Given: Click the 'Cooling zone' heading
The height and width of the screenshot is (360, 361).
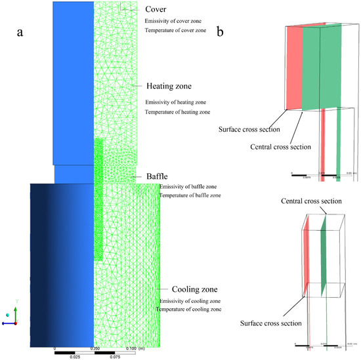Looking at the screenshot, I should [191, 289].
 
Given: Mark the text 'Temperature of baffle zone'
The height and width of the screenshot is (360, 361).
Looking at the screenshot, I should [190, 195].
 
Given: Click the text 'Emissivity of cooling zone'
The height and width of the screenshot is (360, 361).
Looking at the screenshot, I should [192, 300].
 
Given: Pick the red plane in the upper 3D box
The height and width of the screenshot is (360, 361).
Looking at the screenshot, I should [293, 69].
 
